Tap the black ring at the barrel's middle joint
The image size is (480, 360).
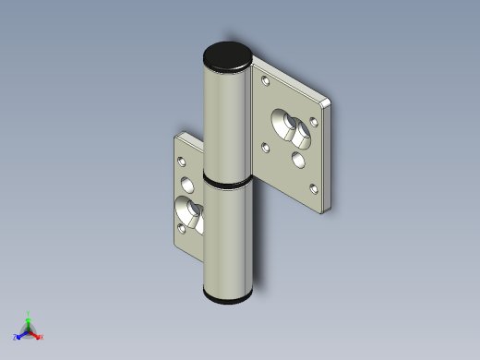pyautogui.click(x=227, y=183)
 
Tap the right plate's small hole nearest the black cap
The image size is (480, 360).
pyautogui.click(x=267, y=81)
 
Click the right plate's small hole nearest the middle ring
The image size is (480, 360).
pyautogui.click(x=266, y=146)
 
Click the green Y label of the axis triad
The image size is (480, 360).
pyautogui.click(x=29, y=313)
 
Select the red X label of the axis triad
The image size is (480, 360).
pyautogui.click(x=42, y=337)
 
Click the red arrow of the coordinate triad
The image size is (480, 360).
pyautogui.click(x=35, y=333)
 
